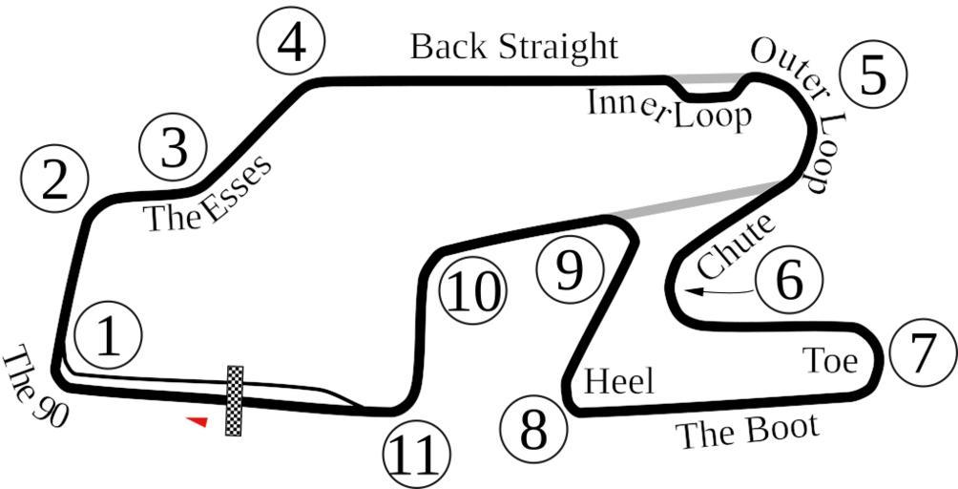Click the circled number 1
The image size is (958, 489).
(110, 335)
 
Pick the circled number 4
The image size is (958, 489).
(292, 43)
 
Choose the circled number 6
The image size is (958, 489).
(788, 280)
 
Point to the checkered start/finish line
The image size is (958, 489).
(234, 400)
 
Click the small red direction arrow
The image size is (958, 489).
(197, 421)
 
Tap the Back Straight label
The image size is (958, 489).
(514, 46)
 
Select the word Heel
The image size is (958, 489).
(619, 382)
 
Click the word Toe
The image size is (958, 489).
(829, 360)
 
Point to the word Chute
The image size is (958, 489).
(734, 246)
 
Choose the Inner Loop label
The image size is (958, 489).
(669, 111)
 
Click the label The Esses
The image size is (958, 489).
(208, 194)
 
